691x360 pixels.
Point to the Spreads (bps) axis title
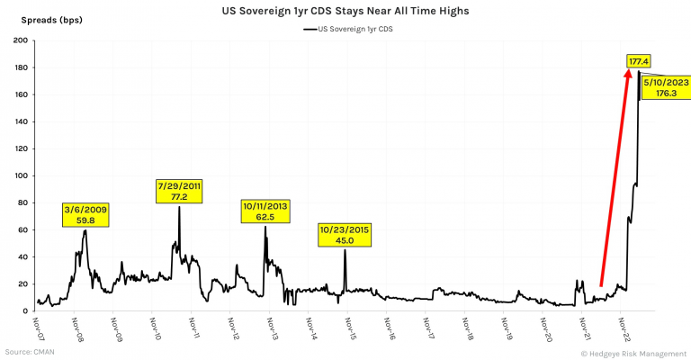click(40, 20)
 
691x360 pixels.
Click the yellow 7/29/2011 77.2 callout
click(179, 191)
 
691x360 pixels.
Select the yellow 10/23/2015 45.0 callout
click(345, 234)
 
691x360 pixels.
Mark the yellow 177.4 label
click(639, 61)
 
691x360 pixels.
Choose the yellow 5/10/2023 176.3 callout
click(667, 86)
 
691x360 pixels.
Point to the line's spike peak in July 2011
click(179, 207)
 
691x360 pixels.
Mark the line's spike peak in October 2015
click(345, 250)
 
